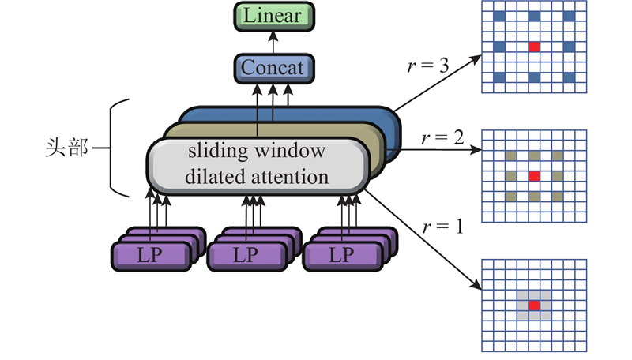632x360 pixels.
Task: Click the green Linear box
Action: pyautogui.click(x=273, y=14)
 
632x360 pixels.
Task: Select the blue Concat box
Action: pyautogui.click(x=273, y=68)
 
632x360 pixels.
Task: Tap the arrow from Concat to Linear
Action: pyautogui.click(x=273, y=41)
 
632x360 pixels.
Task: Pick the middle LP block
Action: pyautogui.click(x=246, y=255)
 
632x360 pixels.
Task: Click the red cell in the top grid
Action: pyautogui.click(x=535, y=47)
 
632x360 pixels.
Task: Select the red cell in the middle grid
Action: pyautogui.click(x=535, y=175)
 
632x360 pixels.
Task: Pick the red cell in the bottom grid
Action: pyautogui.click(x=535, y=305)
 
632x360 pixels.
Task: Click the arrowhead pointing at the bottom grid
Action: pyautogui.click(x=478, y=287)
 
